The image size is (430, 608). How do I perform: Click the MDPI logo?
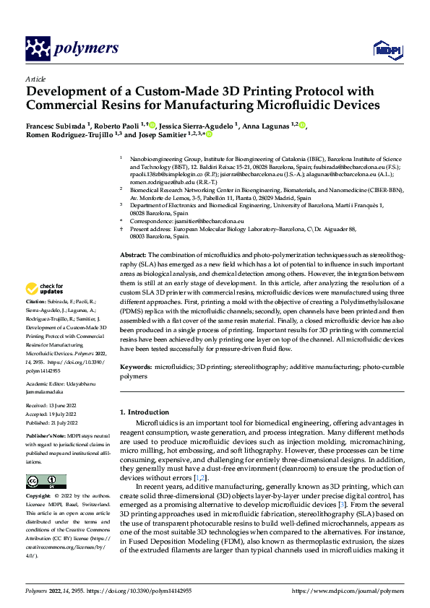click(x=384, y=48)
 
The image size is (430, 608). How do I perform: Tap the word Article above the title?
click(x=35, y=79)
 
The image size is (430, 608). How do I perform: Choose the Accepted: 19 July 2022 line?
click(x=52, y=414)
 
